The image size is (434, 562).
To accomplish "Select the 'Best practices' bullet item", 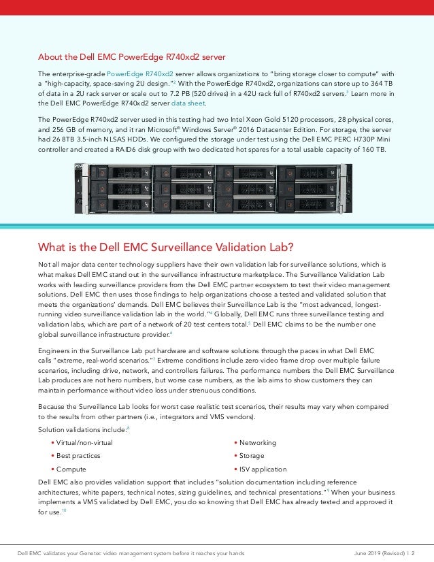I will [78, 456].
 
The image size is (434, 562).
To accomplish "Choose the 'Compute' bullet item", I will [71, 469].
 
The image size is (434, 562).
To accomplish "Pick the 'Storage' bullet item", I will [252, 456].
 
